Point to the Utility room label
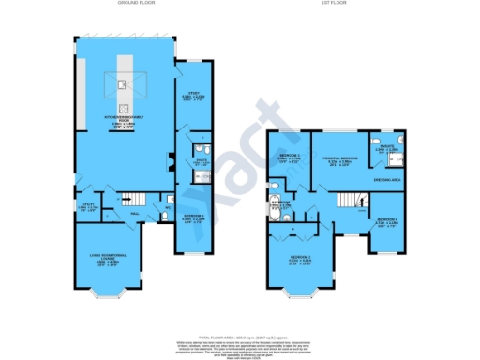point(89,206)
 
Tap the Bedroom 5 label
point(191,220)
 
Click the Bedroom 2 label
point(300,257)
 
